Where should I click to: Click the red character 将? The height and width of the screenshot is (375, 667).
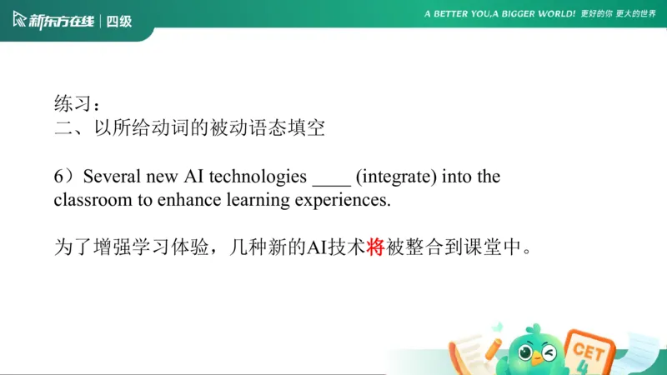[375, 247]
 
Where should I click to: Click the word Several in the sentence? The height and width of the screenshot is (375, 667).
[112, 177]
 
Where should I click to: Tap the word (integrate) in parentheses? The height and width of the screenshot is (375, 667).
[395, 177]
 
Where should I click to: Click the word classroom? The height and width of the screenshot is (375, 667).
[89, 201]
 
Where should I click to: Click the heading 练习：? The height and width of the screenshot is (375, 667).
[78, 105]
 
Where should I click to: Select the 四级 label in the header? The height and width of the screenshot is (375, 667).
[119, 20]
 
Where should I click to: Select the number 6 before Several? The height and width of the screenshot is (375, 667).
[59, 177]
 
